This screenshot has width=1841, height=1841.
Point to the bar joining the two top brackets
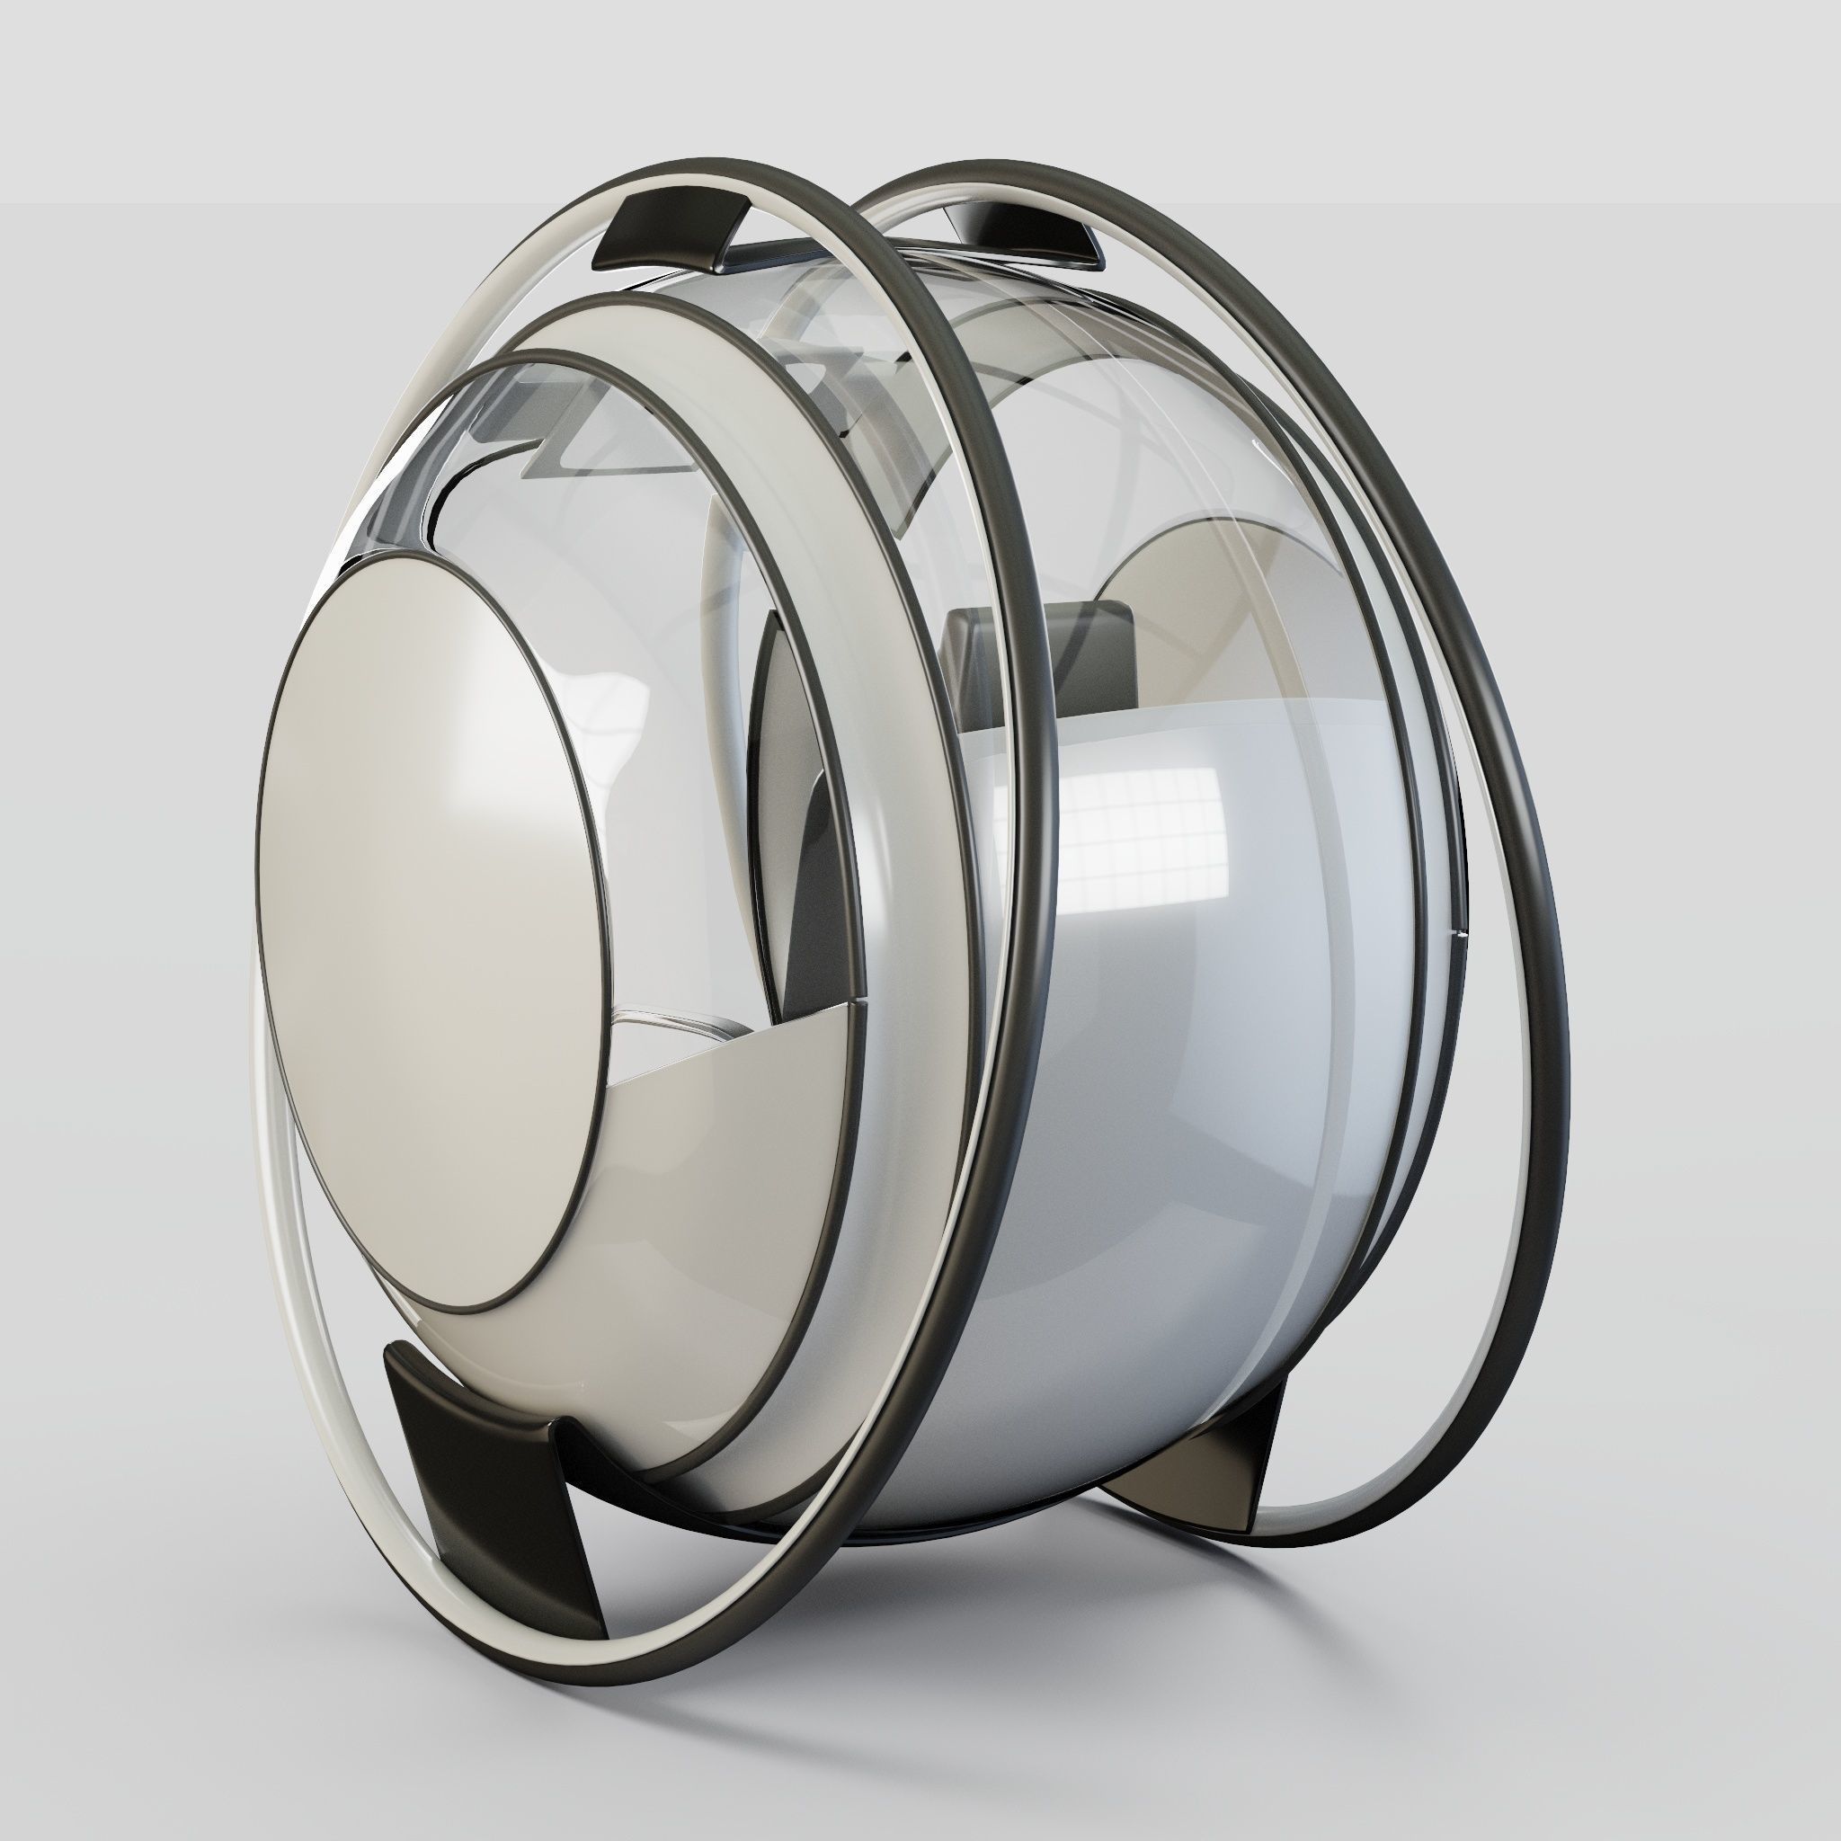839,250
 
